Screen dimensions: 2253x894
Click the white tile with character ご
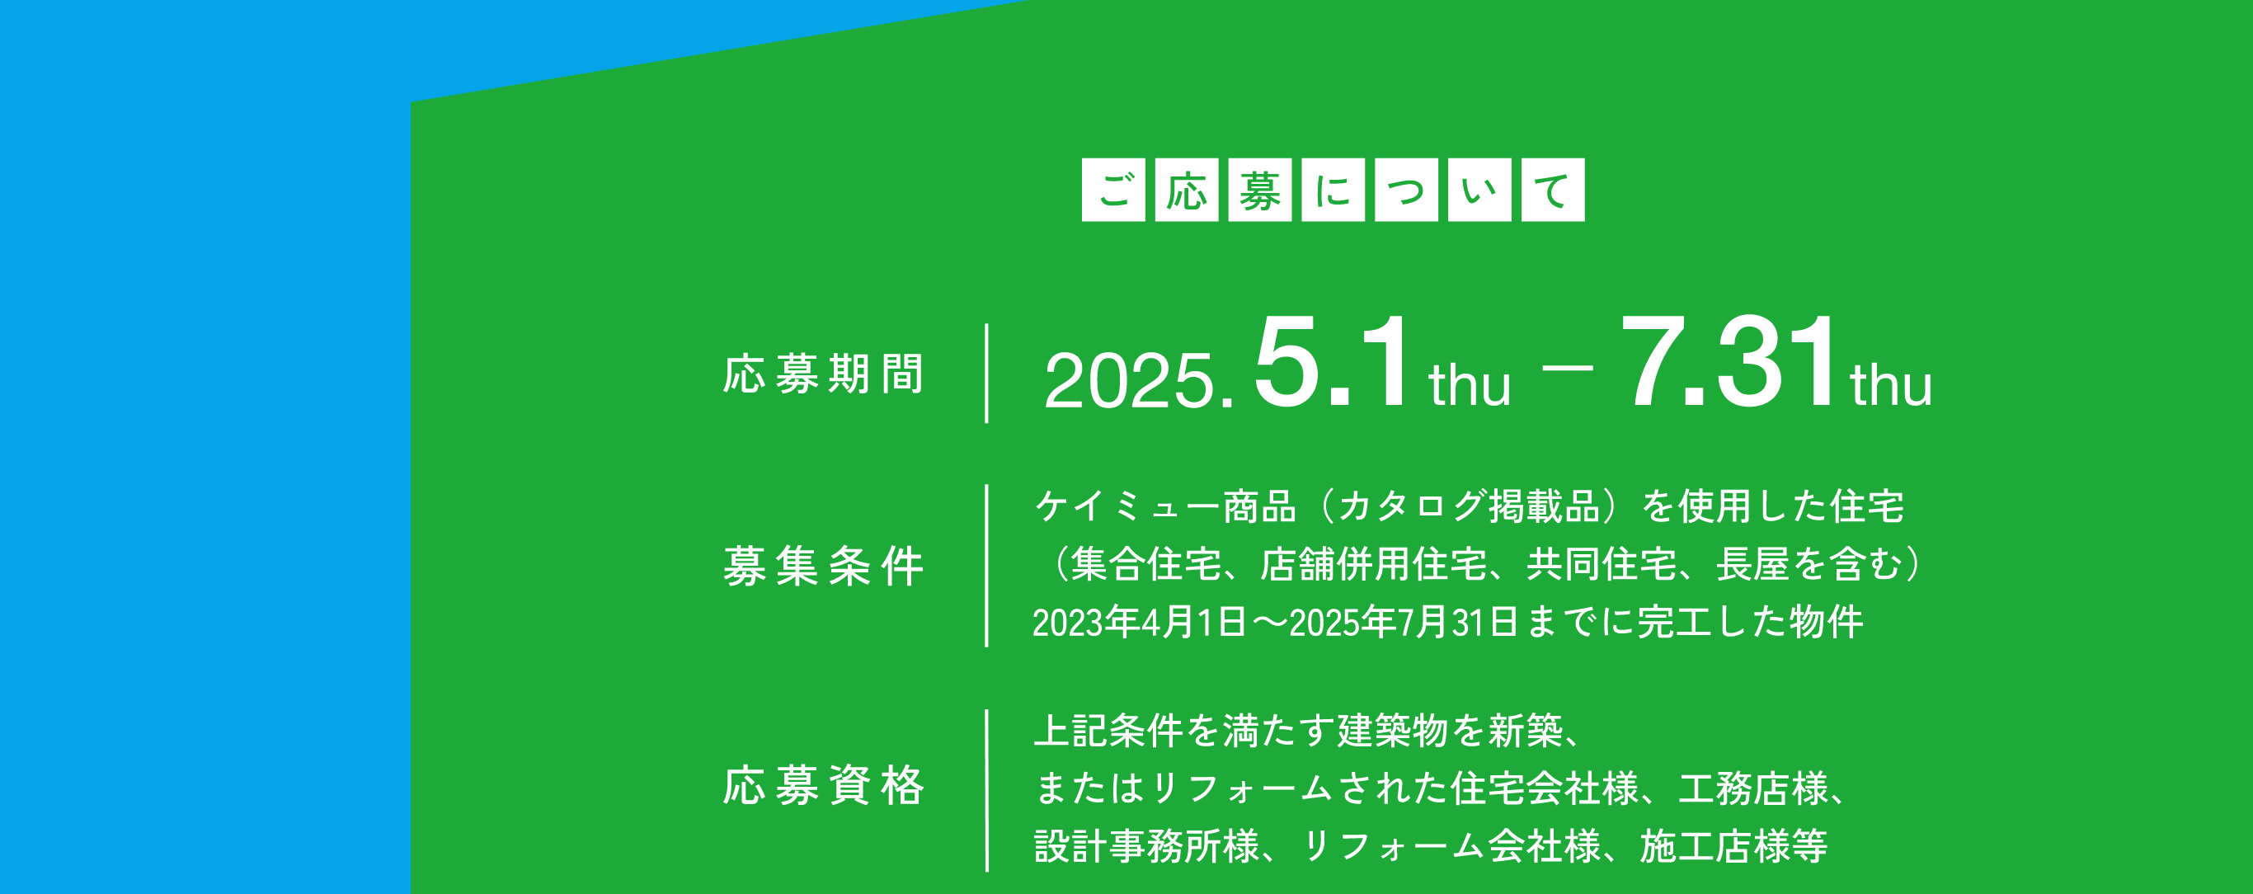[1113, 190]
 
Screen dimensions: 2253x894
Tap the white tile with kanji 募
[1259, 190]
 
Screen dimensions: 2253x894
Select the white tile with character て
[1552, 190]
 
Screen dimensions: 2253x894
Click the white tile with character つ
[1406, 190]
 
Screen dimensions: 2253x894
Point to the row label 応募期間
[823, 374]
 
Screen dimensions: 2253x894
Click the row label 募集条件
[823, 566]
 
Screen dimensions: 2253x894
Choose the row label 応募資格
[823, 784]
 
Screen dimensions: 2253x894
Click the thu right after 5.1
[1470, 385]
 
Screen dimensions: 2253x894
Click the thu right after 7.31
[1891, 385]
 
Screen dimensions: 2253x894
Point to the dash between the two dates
[1568, 367]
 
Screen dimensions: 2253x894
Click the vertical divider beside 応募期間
[986, 374]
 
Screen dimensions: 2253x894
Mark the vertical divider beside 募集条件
[986, 566]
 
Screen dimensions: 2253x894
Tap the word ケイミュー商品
[1165, 506]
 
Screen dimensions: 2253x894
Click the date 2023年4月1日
[1140, 622]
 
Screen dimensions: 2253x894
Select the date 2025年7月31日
[1403, 622]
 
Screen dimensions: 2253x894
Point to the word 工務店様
[1752, 788]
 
